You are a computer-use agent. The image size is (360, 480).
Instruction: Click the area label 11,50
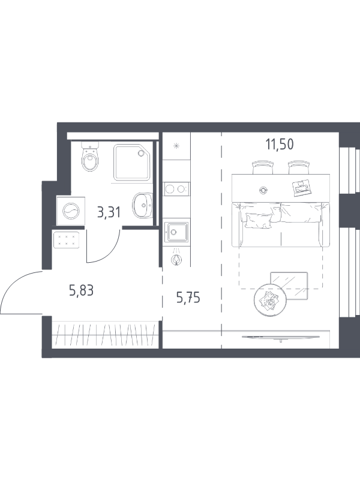pos(280,144)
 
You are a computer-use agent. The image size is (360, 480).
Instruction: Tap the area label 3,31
pos(109,212)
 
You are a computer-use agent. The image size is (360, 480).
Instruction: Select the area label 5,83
pos(81,290)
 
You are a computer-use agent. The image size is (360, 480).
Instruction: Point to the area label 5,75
pos(188,297)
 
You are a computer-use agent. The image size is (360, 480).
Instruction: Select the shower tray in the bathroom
pos(132,162)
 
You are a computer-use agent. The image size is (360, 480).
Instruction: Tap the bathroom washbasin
pos(143,205)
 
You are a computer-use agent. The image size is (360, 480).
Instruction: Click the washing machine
pos(71,211)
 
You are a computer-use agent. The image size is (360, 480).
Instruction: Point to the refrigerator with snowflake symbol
pos(176,146)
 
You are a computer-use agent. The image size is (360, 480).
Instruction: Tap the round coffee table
pos(270,300)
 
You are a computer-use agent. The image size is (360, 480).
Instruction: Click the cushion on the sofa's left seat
pos(259,220)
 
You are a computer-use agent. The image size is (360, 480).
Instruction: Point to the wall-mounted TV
pos(281,337)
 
